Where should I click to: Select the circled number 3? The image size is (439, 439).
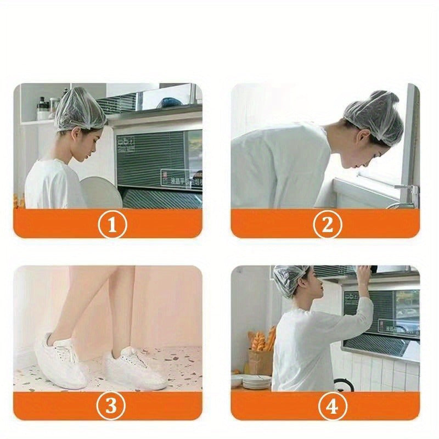[112, 406]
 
